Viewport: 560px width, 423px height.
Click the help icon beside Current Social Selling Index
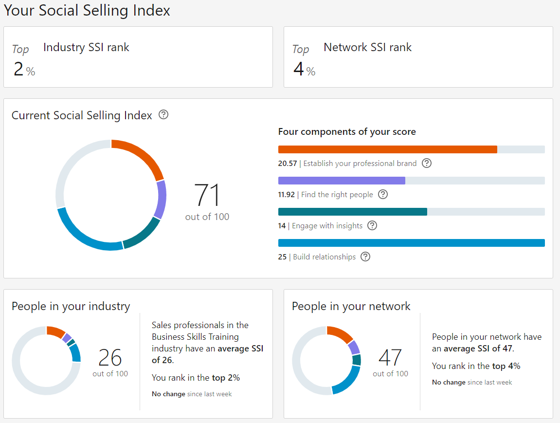click(x=164, y=115)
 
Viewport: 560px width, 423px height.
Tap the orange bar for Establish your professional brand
click(x=387, y=149)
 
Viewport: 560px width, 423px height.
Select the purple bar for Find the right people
click(x=342, y=181)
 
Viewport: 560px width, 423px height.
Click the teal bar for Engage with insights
click(x=352, y=212)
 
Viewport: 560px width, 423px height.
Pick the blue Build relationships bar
click(x=411, y=243)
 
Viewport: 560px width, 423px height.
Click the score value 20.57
click(x=287, y=164)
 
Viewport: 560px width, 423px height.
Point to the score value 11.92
click(x=286, y=195)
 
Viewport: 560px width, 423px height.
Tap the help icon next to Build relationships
click(x=365, y=257)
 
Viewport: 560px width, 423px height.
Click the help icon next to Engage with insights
click(x=372, y=225)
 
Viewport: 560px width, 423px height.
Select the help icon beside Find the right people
click(x=383, y=194)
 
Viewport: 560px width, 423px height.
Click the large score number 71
click(x=207, y=196)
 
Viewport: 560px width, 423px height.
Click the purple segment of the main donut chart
click(x=160, y=200)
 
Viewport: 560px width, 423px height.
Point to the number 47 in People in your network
click(x=390, y=358)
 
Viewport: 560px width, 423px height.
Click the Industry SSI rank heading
click(x=86, y=47)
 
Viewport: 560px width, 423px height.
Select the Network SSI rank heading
click(x=367, y=47)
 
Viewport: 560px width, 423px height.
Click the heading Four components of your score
click(x=347, y=132)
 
